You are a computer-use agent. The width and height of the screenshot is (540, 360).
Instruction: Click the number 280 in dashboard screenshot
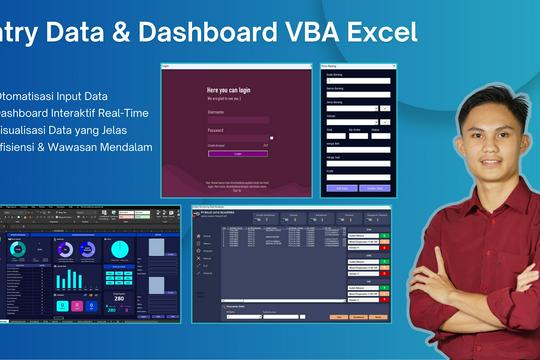pos(119,297)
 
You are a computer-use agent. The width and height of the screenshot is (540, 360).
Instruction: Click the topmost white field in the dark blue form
pos(354,79)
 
